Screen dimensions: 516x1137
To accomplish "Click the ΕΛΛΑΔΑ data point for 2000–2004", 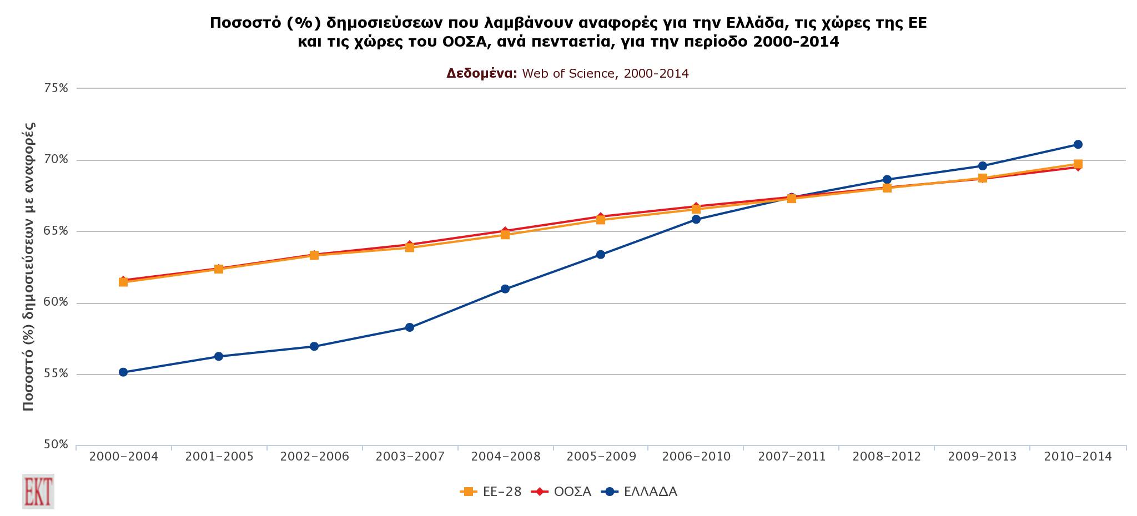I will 123,372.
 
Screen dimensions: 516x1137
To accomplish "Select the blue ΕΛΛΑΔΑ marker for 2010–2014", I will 1078,145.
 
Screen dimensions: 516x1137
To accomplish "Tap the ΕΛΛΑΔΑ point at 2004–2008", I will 505,289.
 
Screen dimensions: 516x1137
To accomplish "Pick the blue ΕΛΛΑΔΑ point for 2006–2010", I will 696,220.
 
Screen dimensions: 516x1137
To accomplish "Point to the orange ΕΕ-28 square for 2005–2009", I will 600,220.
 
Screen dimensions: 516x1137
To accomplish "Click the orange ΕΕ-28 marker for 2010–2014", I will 1078,164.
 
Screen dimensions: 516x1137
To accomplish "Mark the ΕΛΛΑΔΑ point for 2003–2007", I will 409,327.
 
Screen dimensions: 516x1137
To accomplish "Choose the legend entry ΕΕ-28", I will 491,492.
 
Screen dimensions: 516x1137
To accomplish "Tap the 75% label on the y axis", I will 56,88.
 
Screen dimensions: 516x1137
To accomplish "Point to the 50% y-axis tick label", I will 56,444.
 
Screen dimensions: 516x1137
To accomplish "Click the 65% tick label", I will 56,231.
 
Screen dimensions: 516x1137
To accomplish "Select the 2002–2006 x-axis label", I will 314,457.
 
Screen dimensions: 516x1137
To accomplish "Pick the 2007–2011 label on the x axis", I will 792,457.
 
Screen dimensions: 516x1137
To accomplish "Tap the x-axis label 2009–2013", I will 982,457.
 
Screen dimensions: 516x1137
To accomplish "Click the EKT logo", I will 38,491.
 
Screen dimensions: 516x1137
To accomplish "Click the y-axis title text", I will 29,266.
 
